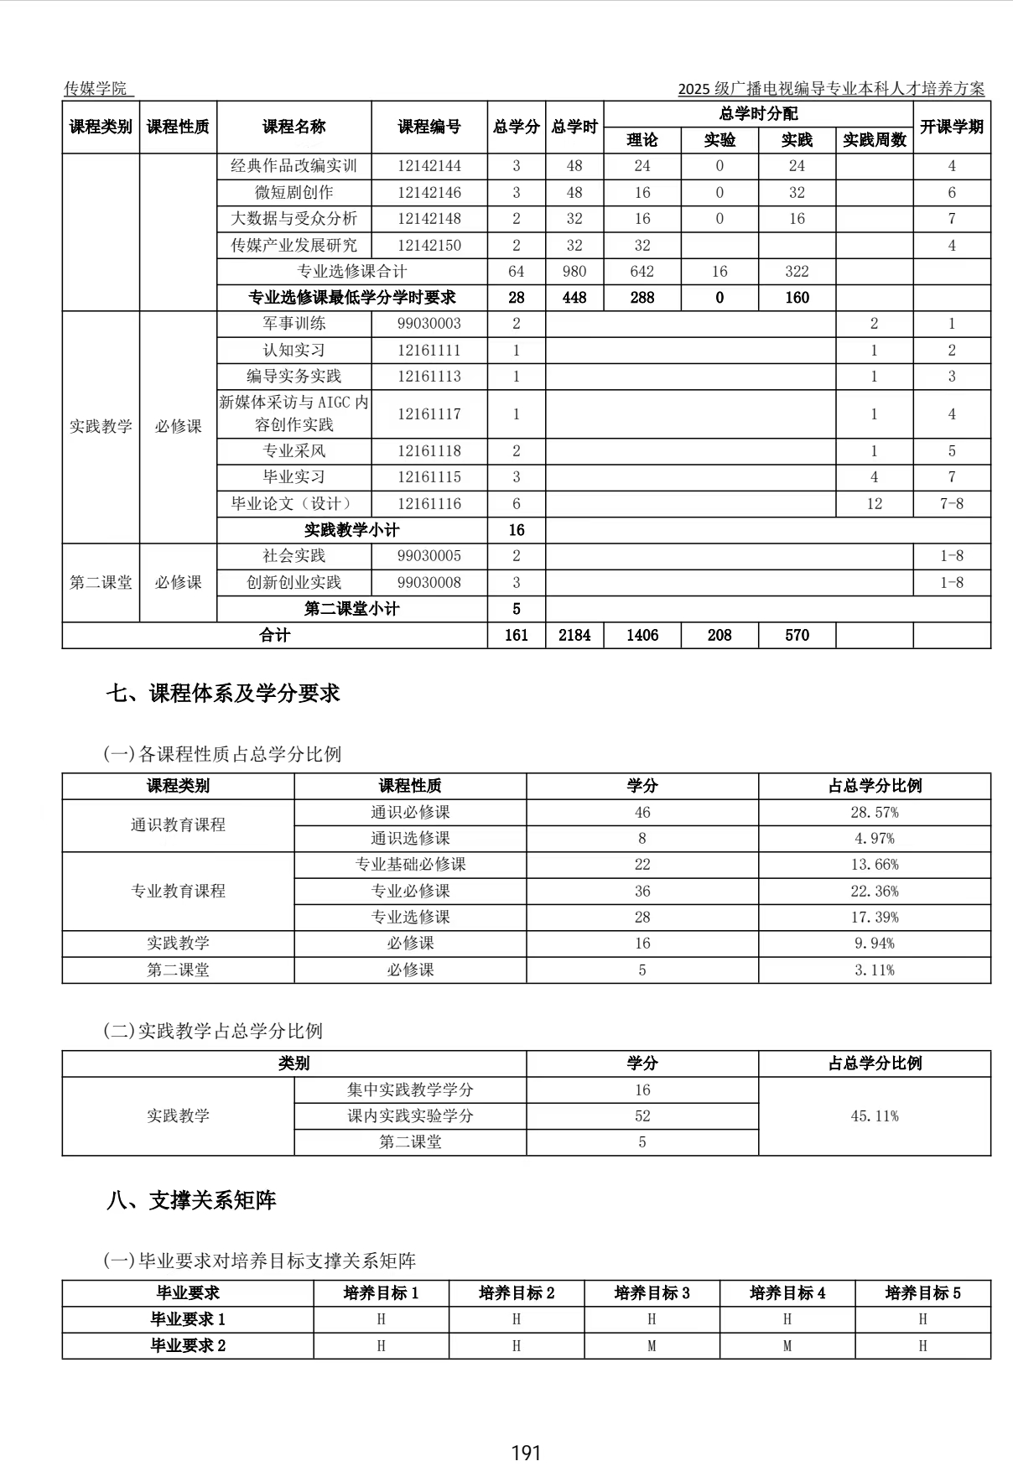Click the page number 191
pyautogui.click(x=526, y=1453)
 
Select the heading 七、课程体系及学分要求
pyautogui.click(x=223, y=694)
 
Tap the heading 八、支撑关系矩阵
pyautogui.click(x=191, y=1200)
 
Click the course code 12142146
pyautogui.click(x=429, y=192)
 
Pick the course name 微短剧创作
pyautogui.click(x=294, y=192)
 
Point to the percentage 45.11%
pyautogui.click(x=874, y=1115)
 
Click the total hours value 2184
pyautogui.click(x=574, y=635)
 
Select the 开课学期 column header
pyautogui.click(x=951, y=127)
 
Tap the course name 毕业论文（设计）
pyautogui.click(x=294, y=503)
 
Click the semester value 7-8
pyautogui.click(x=951, y=503)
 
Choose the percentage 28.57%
pyautogui.click(x=874, y=812)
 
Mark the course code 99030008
pyautogui.click(x=429, y=582)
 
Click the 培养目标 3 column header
pyautogui.click(x=652, y=1292)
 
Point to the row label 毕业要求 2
pyautogui.click(x=188, y=1345)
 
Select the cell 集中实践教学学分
pyautogui.click(x=410, y=1089)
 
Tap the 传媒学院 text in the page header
pyautogui.click(x=96, y=88)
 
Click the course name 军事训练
pyautogui.click(x=294, y=323)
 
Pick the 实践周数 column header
pyautogui.click(x=874, y=140)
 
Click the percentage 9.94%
pyautogui.click(x=874, y=943)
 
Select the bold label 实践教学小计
pyautogui.click(x=351, y=530)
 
